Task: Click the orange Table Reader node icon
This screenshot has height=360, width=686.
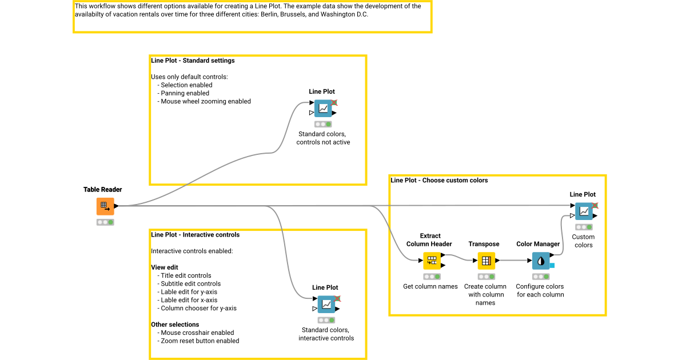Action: pos(105,206)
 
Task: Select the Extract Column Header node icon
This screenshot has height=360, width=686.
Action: pos(432,261)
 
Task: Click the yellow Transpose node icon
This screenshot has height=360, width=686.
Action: pos(486,261)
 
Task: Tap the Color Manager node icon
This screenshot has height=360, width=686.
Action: pos(540,261)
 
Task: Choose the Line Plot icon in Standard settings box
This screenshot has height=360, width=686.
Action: pos(323,109)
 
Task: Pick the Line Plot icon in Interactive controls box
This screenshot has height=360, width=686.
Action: pos(326,305)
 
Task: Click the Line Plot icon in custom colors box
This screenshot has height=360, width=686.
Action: pos(584,211)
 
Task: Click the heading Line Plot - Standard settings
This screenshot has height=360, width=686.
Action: pos(193,61)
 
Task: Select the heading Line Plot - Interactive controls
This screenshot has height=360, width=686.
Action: pos(195,235)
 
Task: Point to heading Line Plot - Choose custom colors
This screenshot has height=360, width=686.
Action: pos(439,181)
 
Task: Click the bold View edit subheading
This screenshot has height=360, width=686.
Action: pos(165,267)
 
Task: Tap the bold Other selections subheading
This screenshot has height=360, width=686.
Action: pos(175,325)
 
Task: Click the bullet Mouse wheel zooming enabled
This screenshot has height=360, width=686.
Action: pos(205,101)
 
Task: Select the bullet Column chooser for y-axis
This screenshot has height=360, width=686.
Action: pos(198,308)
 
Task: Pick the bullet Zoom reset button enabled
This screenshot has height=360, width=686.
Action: pos(200,341)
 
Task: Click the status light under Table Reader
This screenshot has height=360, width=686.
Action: pos(105,222)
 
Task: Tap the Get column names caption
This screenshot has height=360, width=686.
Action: pos(430,286)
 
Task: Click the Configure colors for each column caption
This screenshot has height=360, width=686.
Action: pos(540,290)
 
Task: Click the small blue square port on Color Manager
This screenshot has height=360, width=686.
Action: pos(552,265)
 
